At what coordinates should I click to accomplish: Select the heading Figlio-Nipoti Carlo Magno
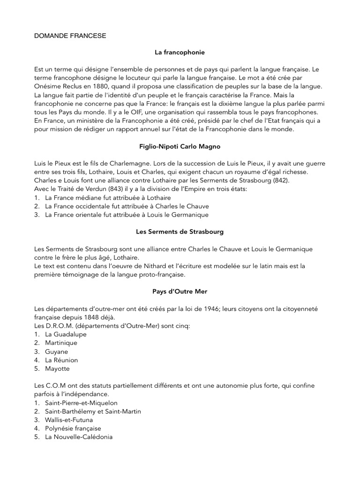(x=180, y=147)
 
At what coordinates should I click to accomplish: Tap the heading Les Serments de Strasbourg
(x=180, y=232)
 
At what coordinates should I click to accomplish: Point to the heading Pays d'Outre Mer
(x=180, y=292)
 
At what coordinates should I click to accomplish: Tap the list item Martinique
(x=61, y=343)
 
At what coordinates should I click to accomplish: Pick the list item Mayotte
(x=57, y=368)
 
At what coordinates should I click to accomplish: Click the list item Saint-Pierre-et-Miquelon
(x=81, y=403)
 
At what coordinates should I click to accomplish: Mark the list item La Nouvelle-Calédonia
(x=78, y=437)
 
